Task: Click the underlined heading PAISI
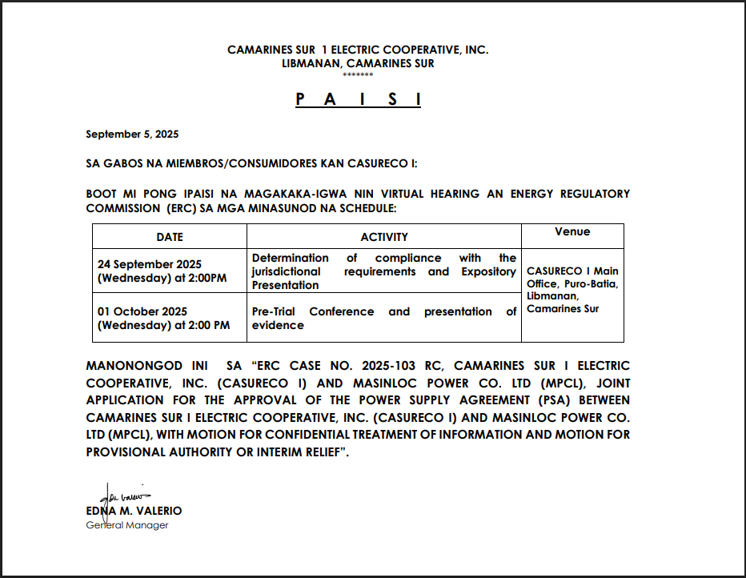(358, 99)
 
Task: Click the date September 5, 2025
(132, 134)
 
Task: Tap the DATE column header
(169, 237)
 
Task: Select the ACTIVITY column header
(383, 237)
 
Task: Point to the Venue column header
(572, 232)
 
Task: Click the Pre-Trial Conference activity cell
(383, 318)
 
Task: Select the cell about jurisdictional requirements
(383, 271)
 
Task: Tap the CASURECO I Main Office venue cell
(572, 290)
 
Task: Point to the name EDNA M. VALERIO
(134, 511)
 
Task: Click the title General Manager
(127, 525)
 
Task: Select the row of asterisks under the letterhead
(358, 74)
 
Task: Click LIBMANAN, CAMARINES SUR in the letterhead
(358, 63)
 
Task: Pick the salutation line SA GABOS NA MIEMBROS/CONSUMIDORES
(251, 163)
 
